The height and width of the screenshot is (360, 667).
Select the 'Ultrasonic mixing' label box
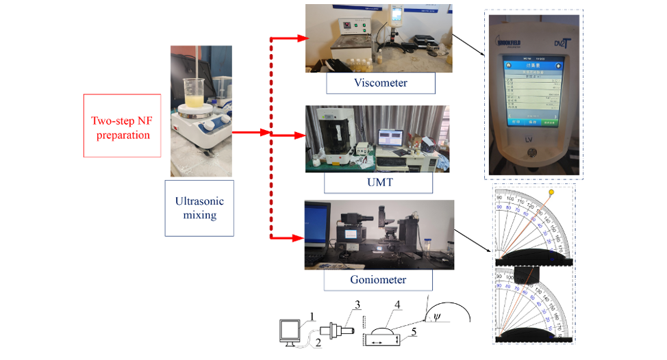(199, 208)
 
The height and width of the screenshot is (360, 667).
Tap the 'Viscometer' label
(380, 83)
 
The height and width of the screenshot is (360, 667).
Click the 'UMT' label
(379, 183)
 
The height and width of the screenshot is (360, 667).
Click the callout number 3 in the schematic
(357, 304)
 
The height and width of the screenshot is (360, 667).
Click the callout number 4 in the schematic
(397, 304)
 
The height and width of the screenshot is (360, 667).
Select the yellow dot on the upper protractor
(551, 194)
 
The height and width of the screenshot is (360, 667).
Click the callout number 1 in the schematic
(312, 316)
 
